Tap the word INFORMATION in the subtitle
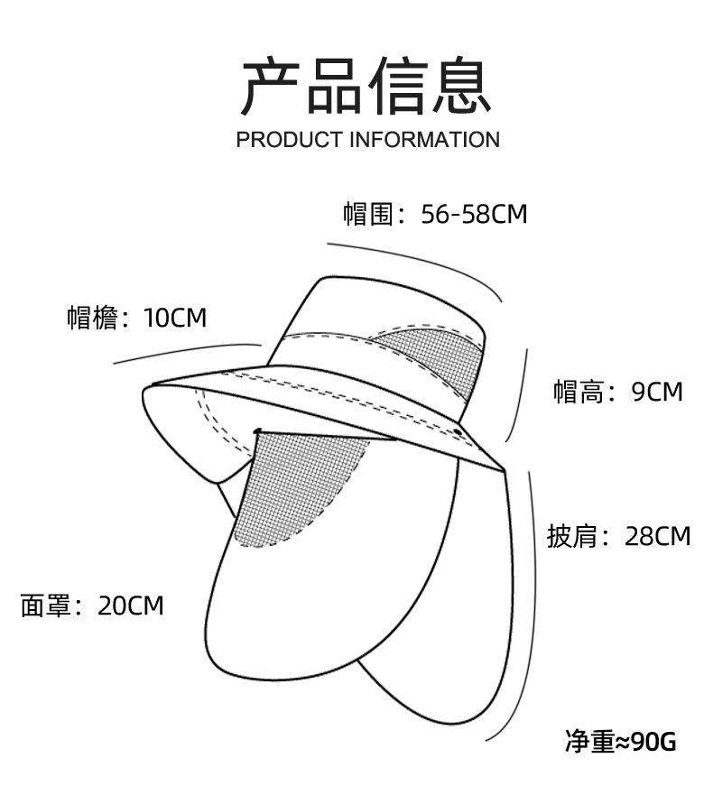point(423,140)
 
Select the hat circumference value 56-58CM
point(474,214)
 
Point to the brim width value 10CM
point(174,318)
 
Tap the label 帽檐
point(92,318)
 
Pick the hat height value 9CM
point(657,392)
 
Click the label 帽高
point(579,392)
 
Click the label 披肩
point(571,536)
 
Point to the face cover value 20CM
point(131,605)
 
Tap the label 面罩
point(45,605)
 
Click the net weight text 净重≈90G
point(620,741)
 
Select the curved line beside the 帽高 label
point(522,397)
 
